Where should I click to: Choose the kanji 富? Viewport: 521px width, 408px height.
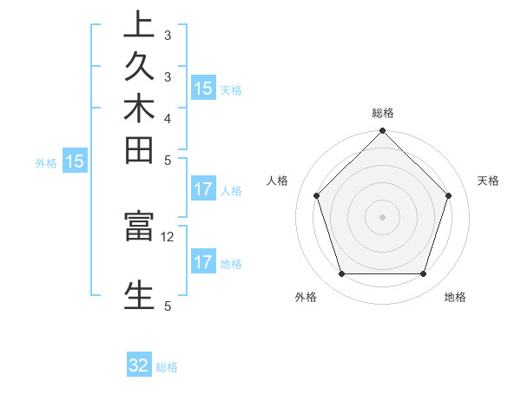(x=139, y=227)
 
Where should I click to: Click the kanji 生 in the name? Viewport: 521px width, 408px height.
(x=139, y=293)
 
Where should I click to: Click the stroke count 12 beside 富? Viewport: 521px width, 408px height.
(x=168, y=236)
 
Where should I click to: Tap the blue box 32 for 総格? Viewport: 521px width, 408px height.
(x=139, y=365)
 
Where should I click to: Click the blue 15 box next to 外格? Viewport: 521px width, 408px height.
(x=75, y=161)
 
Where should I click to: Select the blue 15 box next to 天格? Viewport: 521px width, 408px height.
(x=202, y=88)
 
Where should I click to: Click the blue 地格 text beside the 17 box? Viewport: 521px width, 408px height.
(x=231, y=263)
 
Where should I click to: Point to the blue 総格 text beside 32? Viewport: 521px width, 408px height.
(x=167, y=367)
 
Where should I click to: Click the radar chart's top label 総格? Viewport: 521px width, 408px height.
(x=383, y=113)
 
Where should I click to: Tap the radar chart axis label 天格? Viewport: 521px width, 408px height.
(x=488, y=181)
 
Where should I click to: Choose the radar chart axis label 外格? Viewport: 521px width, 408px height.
(x=306, y=297)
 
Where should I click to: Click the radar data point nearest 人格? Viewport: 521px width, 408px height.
(x=317, y=195)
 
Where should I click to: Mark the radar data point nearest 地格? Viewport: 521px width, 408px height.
(x=423, y=273)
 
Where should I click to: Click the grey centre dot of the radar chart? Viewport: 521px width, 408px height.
(x=382, y=216)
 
